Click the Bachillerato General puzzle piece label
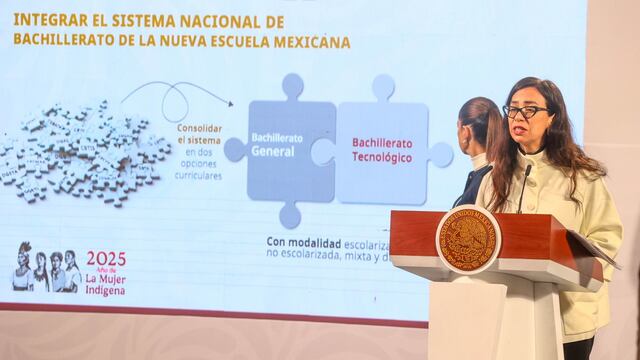[x=273, y=146]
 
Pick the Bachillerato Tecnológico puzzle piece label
[x=382, y=150]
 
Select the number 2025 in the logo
[x=106, y=259]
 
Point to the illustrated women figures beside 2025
[x=45, y=268]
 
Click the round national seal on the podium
[x=467, y=239]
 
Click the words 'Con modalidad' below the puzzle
[x=304, y=242]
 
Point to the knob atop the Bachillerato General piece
[x=292, y=86]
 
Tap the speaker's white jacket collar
[x=535, y=160]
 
